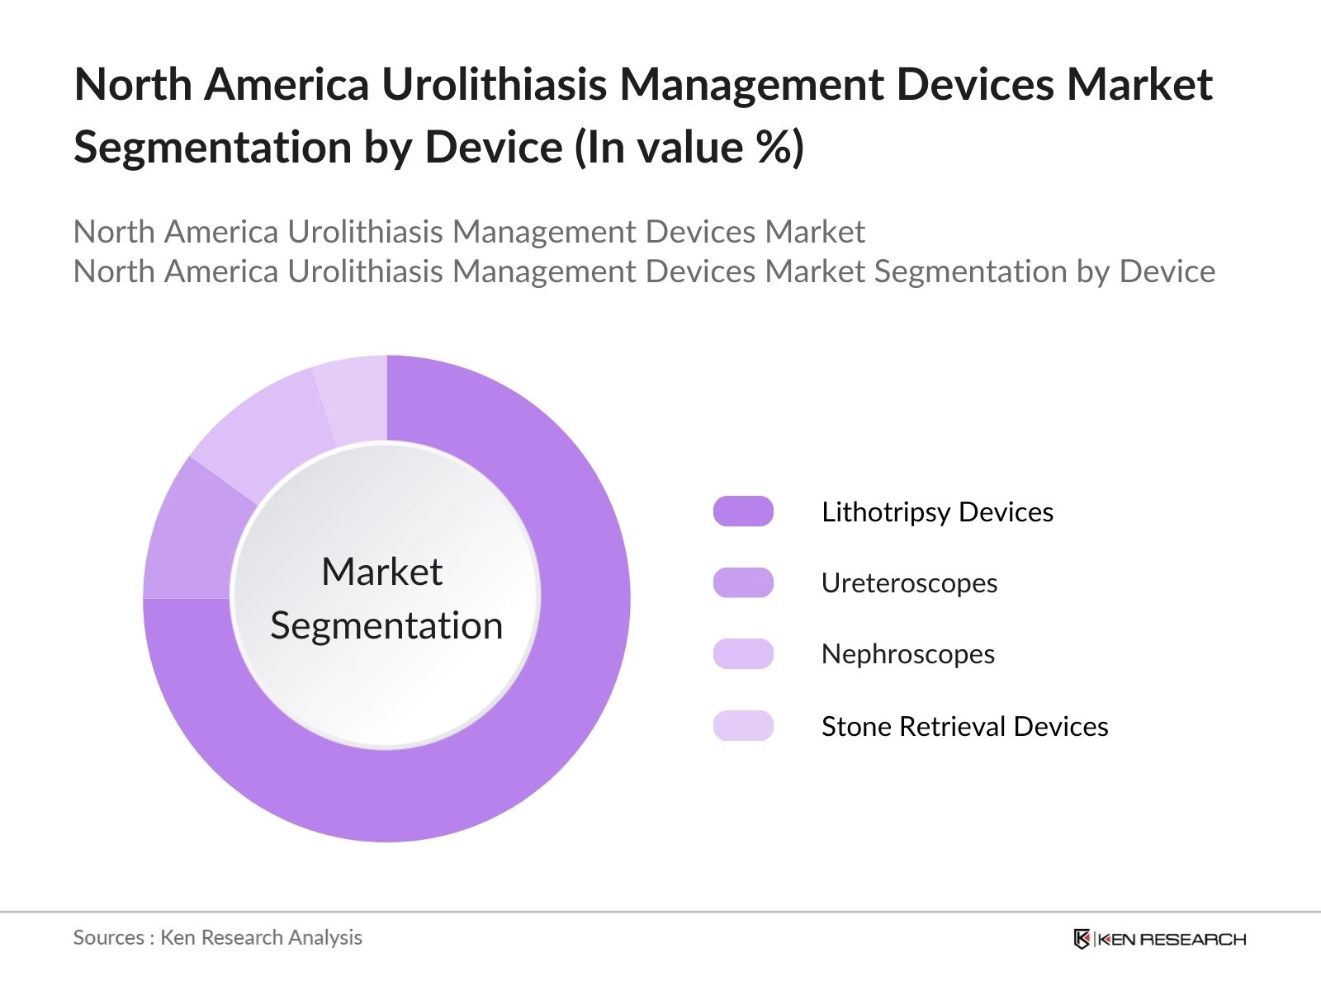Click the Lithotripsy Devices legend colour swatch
[743, 511]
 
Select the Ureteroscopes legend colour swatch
[743, 582]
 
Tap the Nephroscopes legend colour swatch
[743, 653]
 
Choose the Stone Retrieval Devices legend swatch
[743, 726]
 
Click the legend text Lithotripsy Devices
[937, 511]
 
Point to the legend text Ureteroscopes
[909, 582]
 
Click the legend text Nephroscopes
[907, 653]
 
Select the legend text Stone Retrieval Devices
[964, 726]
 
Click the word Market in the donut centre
[381, 571]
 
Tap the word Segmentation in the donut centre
[386, 625]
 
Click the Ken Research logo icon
[1082, 939]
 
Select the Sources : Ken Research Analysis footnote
[217, 937]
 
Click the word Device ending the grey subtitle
[1167, 271]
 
